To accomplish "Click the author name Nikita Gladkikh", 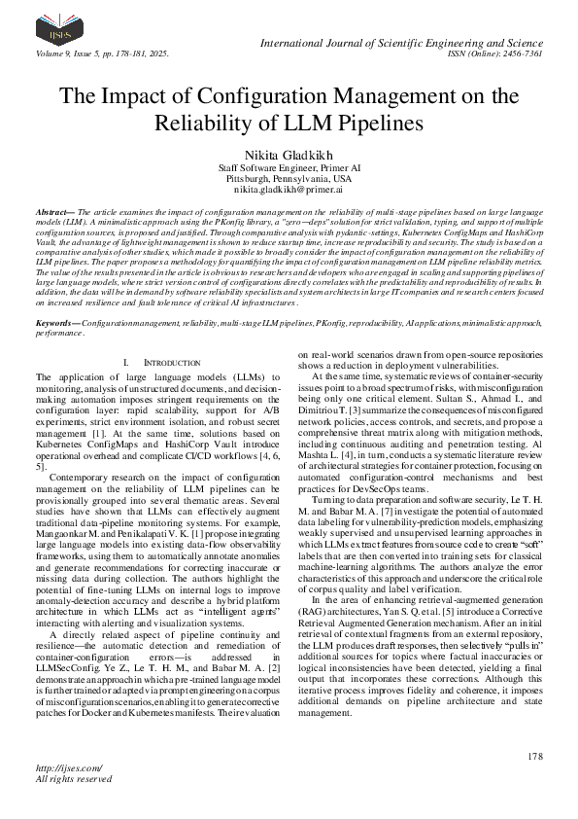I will pyautogui.click(x=289, y=155).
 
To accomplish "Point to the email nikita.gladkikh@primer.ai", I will pyautogui.click(x=289, y=193).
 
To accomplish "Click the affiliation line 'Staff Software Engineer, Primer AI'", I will pyautogui.click(x=289, y=168).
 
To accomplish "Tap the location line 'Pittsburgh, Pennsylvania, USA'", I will pyautogui.click(x=289, y=180).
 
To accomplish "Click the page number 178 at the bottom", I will pyautogui.click(x=533, y=756).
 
